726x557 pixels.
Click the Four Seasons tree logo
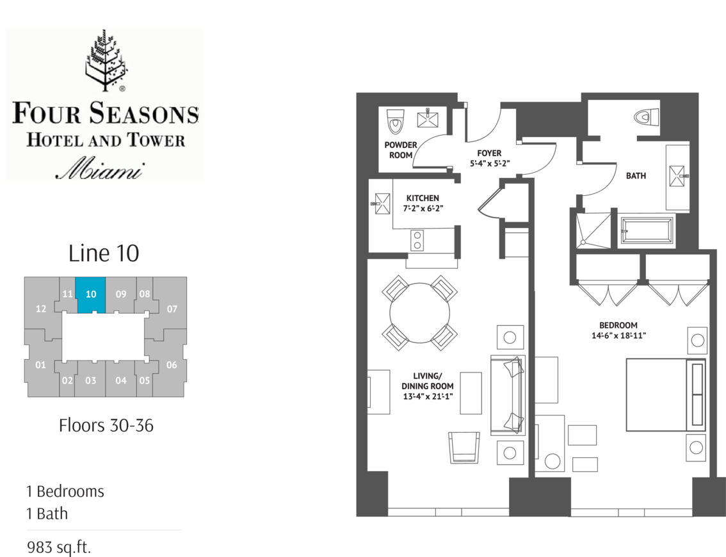(105, 60)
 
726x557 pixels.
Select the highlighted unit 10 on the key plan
(91, 295)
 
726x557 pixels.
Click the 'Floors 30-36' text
(106, 426)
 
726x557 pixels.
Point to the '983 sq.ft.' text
(59, 547)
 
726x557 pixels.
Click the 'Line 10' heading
(104, 254)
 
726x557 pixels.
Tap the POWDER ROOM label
(401, 150)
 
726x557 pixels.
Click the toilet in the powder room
(396, 121)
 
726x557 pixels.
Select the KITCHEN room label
(423, 198)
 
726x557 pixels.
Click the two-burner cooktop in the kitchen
(417, 240)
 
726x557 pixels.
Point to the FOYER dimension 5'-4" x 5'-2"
(490, 163)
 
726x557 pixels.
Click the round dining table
(419, 313)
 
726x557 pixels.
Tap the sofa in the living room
(508, 395)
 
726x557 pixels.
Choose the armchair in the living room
(464, 448)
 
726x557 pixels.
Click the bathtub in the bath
(647, 230)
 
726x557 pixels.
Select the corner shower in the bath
(593, 230)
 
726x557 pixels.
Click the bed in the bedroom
(666, 394)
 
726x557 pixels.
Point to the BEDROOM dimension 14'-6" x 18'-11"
(618, 335)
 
